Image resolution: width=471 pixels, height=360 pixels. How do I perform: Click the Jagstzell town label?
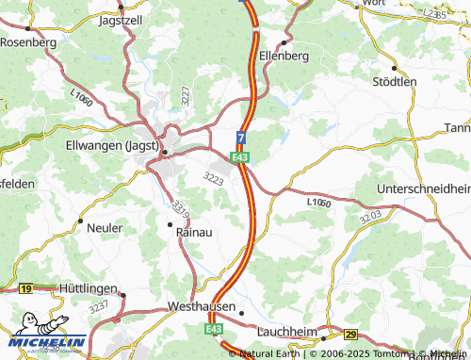pyautogui.click(x=120, y=18)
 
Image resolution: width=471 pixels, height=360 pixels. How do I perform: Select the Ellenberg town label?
pyautogui.click(x=284, y=56)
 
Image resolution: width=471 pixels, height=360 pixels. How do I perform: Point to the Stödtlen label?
pyautogui.click(x=395, y=82)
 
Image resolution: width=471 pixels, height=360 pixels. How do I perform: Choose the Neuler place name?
pyautogui.click(x=104, y=227)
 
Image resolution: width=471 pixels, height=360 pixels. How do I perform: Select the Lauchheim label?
pyautogui.click(x=289, y=332)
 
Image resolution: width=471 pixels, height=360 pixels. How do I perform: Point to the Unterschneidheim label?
pyautogui.click(x=423, y=188)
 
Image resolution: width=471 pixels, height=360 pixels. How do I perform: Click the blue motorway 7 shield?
pyautogui.click(x=241, y=139)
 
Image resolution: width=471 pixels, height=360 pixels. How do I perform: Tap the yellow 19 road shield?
pyautogui.click(x=25, y=288)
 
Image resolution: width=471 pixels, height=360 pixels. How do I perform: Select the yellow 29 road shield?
pyautogui.click(x=351, y=335)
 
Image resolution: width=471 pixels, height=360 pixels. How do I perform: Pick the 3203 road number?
pyautogui.click(x=370, y=216)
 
